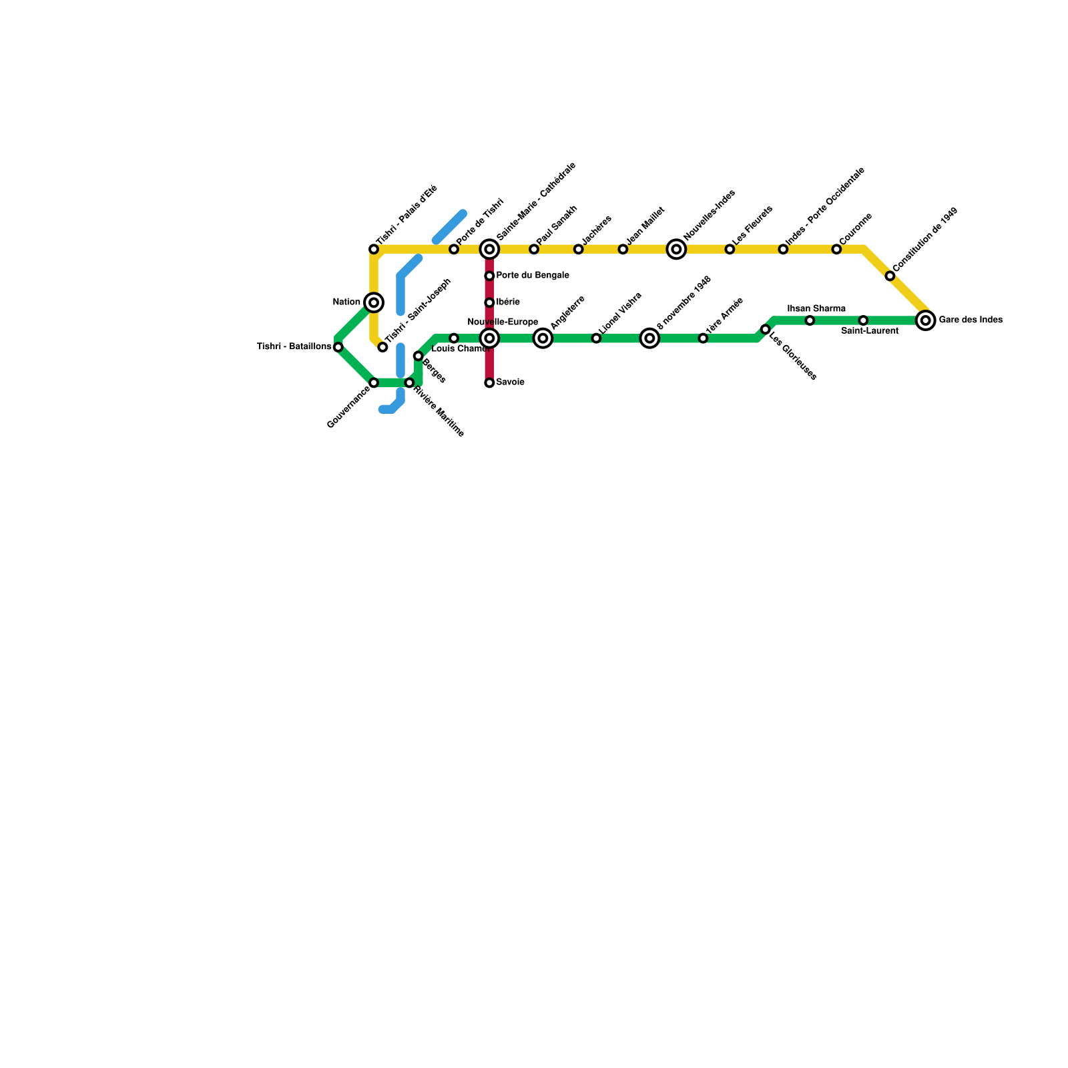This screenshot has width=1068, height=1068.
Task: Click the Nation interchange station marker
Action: (374, 303)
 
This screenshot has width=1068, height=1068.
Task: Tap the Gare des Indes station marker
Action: (925, 321)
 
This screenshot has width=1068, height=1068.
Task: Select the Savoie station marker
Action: (489, 383)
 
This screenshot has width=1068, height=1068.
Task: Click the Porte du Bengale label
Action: (533, 276)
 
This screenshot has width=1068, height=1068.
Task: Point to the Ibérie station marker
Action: (489, 303)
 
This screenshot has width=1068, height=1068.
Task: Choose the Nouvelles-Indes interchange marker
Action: (676, 250)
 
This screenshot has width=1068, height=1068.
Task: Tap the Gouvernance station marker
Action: (374, 383)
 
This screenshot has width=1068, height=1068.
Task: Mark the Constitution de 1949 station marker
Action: (890, 276)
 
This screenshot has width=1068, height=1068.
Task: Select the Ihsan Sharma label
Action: (816, 309)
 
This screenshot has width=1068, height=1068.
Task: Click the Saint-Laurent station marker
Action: (863, 321)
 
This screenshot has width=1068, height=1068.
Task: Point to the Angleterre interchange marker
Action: (543, 339)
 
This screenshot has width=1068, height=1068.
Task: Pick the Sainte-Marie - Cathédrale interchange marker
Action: (489, 250)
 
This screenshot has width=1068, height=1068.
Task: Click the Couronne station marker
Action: (836, 250)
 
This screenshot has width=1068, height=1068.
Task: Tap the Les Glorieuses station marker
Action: (765, 330)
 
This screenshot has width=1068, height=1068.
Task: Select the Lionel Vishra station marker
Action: (596, 339)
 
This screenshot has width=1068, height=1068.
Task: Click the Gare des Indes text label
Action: (970, 320)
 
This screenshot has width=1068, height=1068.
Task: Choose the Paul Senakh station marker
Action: (534, 250)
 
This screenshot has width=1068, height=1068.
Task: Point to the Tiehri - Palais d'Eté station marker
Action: (374, 250)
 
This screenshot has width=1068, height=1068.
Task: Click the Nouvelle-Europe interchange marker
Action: (489, 339)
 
